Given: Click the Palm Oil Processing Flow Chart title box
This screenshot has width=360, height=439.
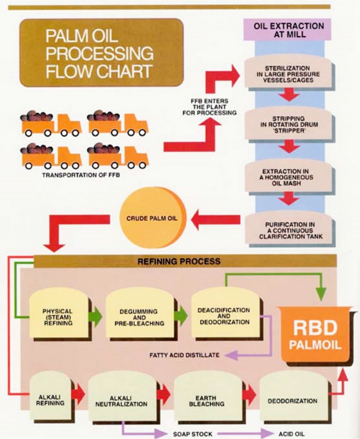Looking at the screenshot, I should (x=101, y=52).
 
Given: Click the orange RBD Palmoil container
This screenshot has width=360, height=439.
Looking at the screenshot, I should (x=315, y=337).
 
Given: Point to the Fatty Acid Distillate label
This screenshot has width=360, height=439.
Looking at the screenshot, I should (x=184, y=355).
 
